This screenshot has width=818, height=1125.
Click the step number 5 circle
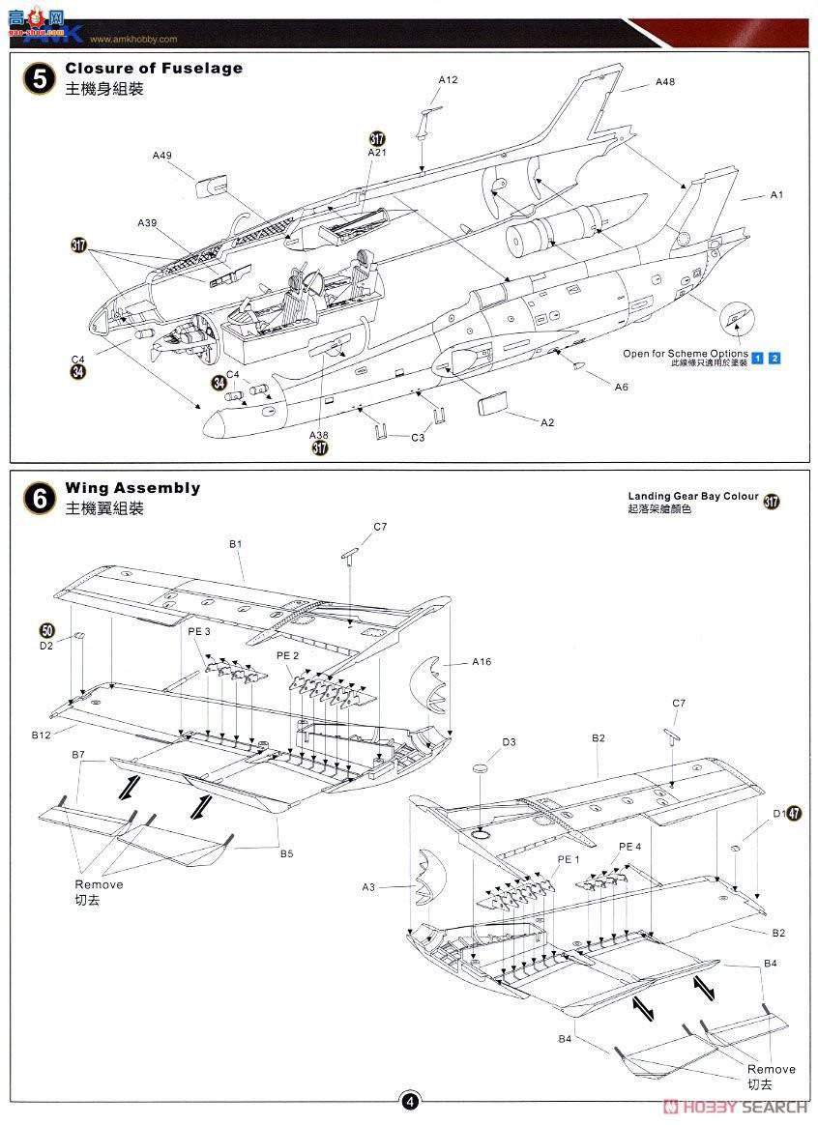coord(39,78)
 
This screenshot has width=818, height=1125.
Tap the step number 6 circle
coord(39,498)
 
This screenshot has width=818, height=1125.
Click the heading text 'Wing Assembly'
coord(132,488)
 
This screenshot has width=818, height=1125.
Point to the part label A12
coord(448,79)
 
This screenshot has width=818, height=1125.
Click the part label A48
coord(664,82)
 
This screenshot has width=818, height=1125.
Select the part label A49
coord(161,155)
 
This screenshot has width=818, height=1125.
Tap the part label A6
coord(622,387)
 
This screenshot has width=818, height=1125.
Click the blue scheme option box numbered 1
coord(758,359)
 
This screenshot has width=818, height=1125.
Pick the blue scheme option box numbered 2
coord(774,359)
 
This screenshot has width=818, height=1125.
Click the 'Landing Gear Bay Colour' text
coord(692,496)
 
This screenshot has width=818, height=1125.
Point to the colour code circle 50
coord(47,629)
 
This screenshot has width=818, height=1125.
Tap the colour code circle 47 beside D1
coord(794,814)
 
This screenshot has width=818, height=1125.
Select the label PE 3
coord(199,631)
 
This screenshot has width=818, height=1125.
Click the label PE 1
coord(568,859)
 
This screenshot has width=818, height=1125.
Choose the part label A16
coord(482,662)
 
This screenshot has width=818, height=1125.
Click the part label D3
coord(509,742)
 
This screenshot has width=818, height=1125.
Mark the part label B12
coord(41,736)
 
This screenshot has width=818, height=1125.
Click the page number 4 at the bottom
coord(410,1101)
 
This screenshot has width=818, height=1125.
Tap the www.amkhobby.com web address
coord(133,40)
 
